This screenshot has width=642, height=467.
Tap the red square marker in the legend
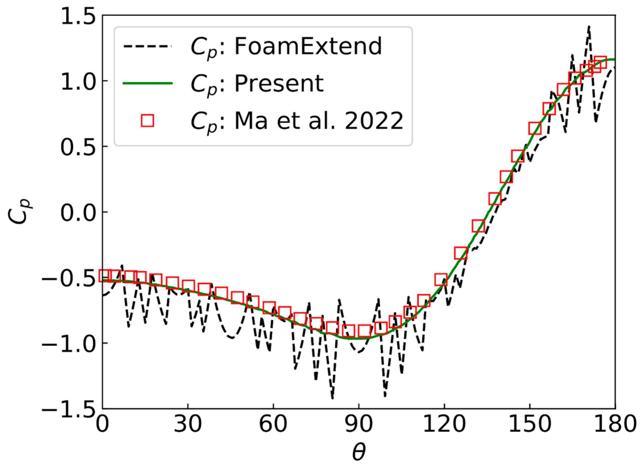pyautogui.click(x=147, y=121)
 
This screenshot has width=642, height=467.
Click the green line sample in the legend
pyautogui.click(x=147, y=83)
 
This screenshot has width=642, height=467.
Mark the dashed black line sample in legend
pyautogui.click(x=147, y=46)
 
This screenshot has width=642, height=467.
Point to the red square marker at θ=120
pyautogui.click(x=441, y=280)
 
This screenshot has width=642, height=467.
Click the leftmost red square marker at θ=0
pyautogui.click(x=105, y=276)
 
